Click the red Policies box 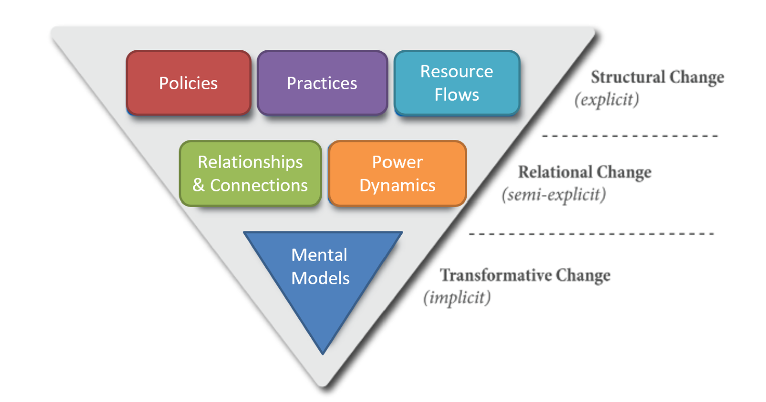tap(188, 83)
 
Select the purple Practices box tap(322, 83)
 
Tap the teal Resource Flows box tap(457, 83)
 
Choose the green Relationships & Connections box tap(250, 173)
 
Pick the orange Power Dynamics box tap(397, 173)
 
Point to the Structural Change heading tap(657, 77)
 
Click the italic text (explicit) tap(607, 100)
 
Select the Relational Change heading tap(585, 172)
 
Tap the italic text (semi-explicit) tap(553, 195)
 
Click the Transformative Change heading tap(525, 275)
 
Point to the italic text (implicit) tap(457, 298)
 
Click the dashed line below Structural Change tap(630, 136)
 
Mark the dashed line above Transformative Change tap(591, 234)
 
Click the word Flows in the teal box tap(457, 95)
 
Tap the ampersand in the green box tap(199, 185)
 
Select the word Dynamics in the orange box tap(397, 185)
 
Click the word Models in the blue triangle tap(320, 278)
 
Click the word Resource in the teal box tap(457, 71)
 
